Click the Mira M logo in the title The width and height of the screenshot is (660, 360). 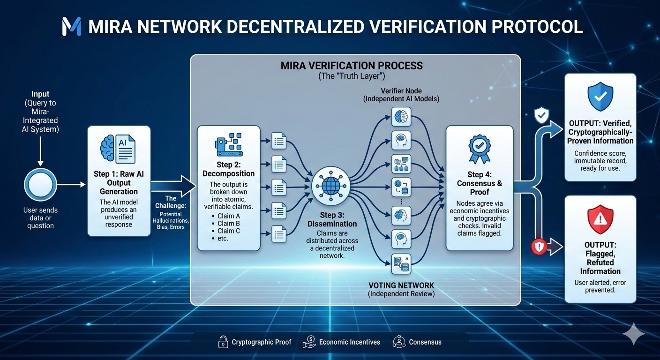(71, 27)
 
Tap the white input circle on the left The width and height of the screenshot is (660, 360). (40, 185)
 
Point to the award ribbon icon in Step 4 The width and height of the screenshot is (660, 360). (479, 149)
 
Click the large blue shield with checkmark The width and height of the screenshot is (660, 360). (600, 96)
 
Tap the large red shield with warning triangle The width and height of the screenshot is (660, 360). (600, 219)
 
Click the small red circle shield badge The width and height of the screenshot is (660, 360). (539, 247)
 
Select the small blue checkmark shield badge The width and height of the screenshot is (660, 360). (541, 115)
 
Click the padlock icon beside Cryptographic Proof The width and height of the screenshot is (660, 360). (223, 342)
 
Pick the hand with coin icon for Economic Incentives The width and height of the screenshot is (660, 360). (309, 342)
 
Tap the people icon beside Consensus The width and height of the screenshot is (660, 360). (399, 342)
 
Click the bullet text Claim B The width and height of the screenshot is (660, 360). (229, 223)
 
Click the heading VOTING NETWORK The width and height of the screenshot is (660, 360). (401, 285)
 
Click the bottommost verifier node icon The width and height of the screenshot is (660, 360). (401, 264)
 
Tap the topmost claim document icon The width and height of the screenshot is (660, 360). (279, 140)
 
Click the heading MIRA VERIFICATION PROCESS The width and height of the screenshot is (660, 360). (352, 65)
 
